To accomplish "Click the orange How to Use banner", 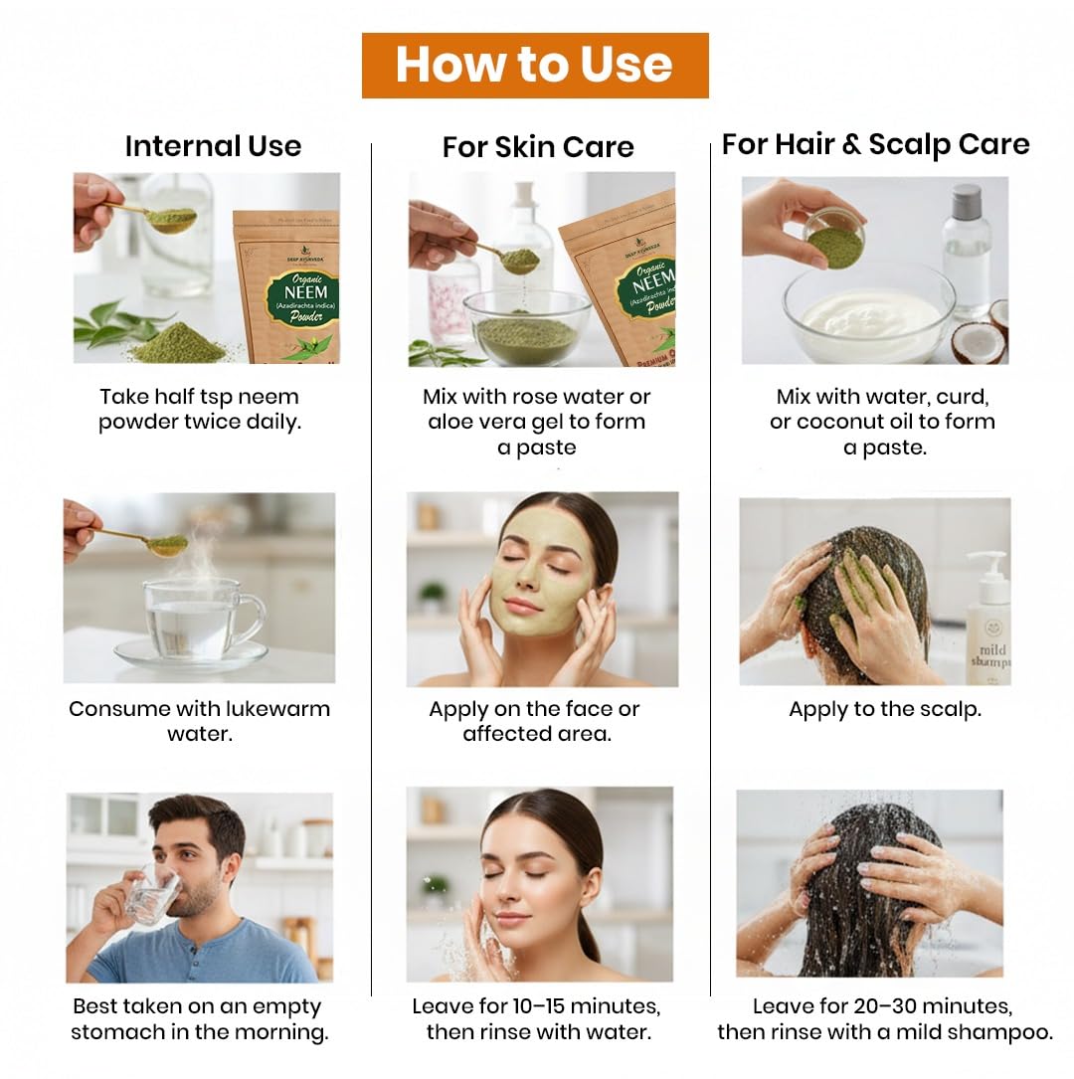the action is [535, 66].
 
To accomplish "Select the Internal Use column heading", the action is [213, 146].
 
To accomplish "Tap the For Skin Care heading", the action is [538, 146].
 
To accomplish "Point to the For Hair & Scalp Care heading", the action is [875, 144].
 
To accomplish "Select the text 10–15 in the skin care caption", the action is [539, 1006].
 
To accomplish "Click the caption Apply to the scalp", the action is [885, 709].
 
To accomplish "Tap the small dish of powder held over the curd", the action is [834, 240].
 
